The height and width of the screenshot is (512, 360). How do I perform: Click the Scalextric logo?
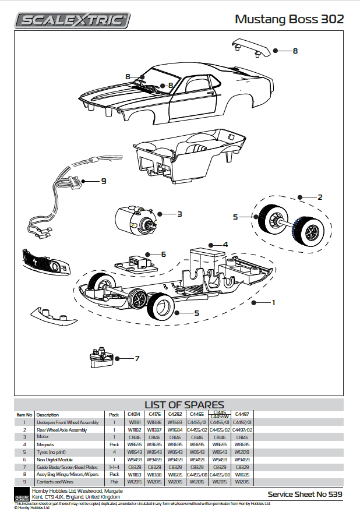[73, 20]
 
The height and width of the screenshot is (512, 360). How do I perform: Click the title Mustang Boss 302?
[289, 19]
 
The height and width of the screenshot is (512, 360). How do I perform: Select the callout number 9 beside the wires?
[104, 181]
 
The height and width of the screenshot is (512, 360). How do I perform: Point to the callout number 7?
[137, 359]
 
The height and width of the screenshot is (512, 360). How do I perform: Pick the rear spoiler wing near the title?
[250, 47]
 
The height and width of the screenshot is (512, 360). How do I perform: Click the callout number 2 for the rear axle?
[320, 197]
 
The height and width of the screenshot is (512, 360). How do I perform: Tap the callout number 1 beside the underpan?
[273, 303]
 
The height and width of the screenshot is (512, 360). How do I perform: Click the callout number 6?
[164, 255]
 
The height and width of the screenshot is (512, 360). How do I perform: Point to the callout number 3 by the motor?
[179, 214]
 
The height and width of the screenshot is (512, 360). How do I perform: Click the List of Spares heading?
[183, 404]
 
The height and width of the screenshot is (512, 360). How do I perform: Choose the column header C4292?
[174, 414]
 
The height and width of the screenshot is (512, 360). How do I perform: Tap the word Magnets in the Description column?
[45, 444]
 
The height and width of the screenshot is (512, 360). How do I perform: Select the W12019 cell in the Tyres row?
[242, 451]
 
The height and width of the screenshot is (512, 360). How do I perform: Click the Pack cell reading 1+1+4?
[114, 467]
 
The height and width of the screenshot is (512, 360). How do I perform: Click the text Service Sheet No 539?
[305, 495]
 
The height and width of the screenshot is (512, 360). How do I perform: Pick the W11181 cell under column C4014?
[134, 422]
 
